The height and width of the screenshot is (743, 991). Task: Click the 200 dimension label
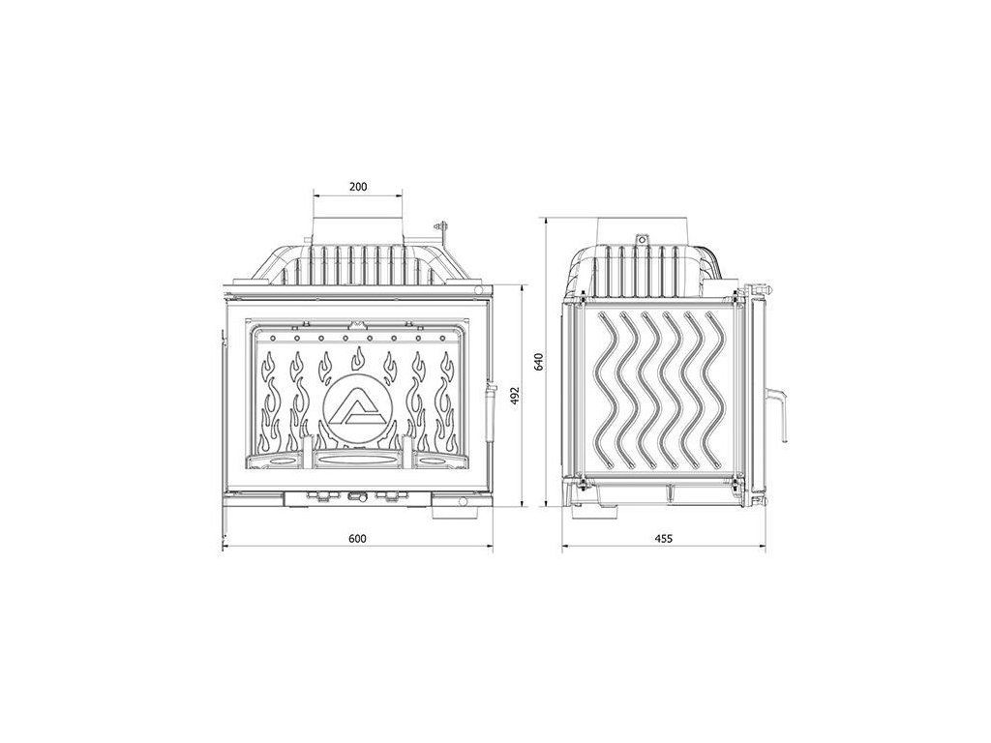[358, 187]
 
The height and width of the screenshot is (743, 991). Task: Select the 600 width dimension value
[357, 538]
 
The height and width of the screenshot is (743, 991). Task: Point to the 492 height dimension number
[515, 396]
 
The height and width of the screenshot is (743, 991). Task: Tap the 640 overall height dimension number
[538, 362]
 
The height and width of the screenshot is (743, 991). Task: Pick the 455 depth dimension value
[664, 538]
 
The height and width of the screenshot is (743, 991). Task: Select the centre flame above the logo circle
[358, 358]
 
